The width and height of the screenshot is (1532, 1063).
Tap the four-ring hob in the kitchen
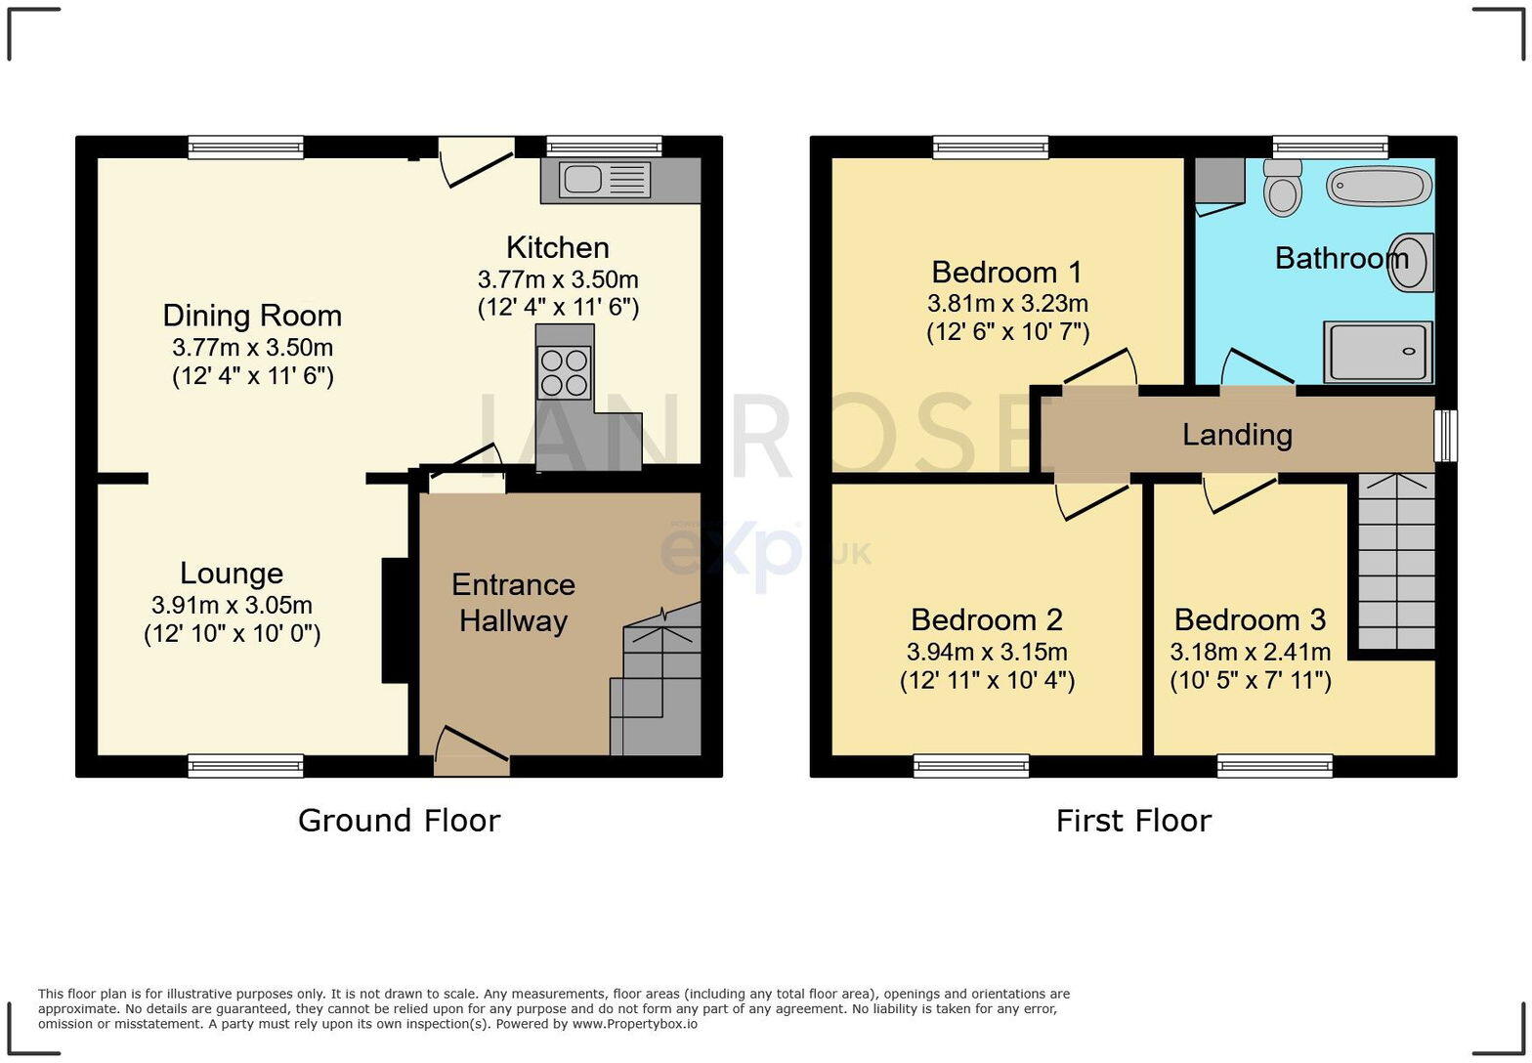564,373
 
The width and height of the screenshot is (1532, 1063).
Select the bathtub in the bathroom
1379,186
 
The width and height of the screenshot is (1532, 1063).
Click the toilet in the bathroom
1282,188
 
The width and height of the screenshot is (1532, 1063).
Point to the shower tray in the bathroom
1378,352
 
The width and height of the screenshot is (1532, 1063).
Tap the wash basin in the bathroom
1412,262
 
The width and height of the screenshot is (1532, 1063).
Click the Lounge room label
232,574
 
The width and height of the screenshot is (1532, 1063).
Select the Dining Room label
252,316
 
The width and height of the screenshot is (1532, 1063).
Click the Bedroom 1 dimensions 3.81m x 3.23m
1007,303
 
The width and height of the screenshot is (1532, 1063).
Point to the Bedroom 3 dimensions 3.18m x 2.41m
1250,652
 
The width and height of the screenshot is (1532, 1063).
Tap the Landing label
1237,435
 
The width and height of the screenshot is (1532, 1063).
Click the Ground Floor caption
399,821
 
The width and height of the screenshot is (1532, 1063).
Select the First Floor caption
1133,821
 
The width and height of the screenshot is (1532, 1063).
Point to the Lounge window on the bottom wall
245,766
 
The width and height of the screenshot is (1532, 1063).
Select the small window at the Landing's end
1445,435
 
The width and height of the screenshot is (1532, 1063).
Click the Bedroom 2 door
1092,496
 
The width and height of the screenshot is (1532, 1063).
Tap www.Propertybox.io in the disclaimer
634,1024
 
